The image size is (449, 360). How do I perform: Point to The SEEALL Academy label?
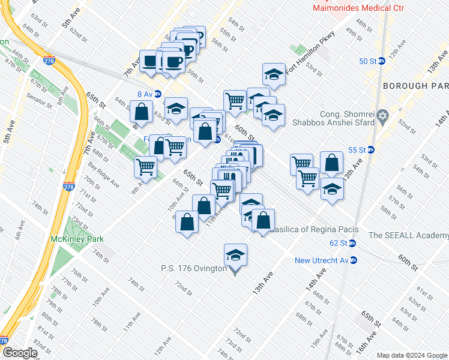point(408,235)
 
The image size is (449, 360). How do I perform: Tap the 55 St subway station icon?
point(371,150)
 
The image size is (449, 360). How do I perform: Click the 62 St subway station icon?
point(352,243)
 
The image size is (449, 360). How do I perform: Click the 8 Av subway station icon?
point(157,94)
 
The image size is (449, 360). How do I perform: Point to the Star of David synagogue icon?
point(380,115)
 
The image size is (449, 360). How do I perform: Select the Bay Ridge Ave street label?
point(104,174)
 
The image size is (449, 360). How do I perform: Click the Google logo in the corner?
point(20,353)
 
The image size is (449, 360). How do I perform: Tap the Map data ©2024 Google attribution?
point(412,355)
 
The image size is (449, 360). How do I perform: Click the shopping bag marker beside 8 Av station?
point(141,112)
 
